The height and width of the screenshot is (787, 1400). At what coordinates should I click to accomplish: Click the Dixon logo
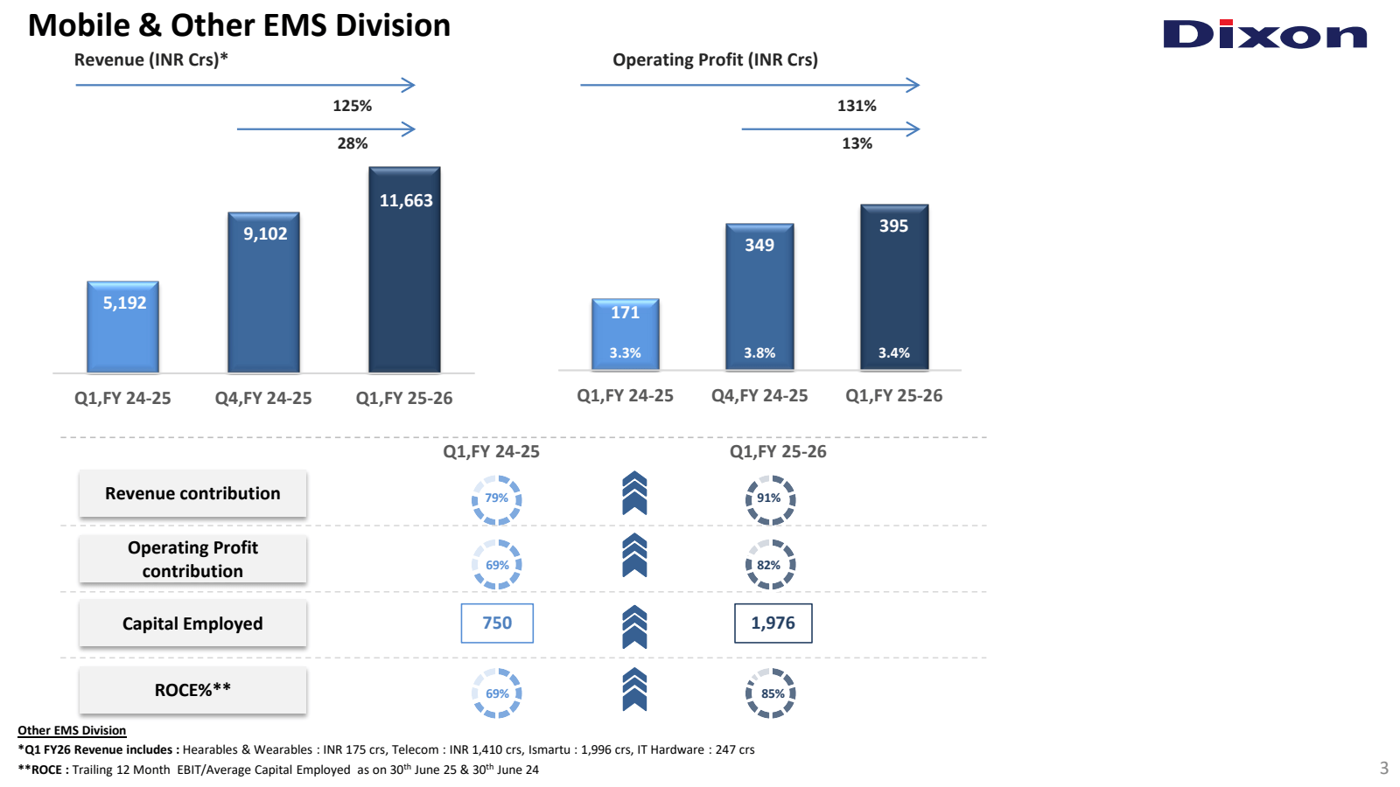pos(1264,35)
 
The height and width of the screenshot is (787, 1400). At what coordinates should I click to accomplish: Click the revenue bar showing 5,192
pos(123,327)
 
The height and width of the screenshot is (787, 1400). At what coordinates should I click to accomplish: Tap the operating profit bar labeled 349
pos(759,297)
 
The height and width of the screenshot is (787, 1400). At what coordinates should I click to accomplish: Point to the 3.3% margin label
pos(625,353)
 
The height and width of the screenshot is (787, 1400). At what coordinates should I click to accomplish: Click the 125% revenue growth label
pos(352,106)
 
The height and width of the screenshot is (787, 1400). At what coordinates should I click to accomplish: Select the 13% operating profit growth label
pos(857,143)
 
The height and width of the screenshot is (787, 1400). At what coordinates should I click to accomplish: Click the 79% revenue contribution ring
pos(497,499)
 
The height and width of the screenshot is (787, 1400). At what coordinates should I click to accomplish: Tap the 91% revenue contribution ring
pos(770,499)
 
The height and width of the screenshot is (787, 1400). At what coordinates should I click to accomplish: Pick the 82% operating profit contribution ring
pos(770,565)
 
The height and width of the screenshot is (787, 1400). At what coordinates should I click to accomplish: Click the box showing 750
pos(497,623)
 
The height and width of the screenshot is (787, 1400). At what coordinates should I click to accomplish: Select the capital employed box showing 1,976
pos(773,623)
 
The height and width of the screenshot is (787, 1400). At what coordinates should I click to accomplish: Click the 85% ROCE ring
pos(770,693)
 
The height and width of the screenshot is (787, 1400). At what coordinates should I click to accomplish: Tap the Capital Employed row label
pos(192,623)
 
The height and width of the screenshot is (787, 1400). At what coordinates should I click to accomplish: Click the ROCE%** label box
pos(192,690)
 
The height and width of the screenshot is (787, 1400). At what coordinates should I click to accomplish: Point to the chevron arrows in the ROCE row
pos(634,689)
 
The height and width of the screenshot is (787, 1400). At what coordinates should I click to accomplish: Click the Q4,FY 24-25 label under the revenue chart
pos(263,398)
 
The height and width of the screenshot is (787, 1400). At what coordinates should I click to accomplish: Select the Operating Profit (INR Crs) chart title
pos(715,59)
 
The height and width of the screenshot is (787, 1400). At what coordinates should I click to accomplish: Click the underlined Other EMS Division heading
pos(72,730)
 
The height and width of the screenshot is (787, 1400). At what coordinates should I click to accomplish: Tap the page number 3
pos(1383,769)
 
